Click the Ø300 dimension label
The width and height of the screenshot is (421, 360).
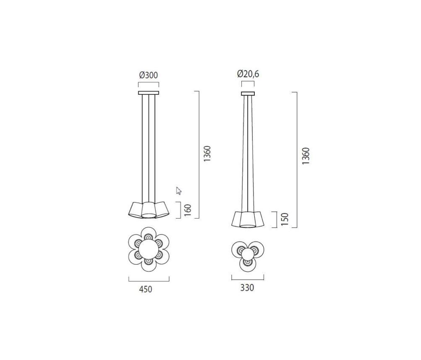point(149,75)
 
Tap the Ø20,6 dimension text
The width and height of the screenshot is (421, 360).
point(248,74)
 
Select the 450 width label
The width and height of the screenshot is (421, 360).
point(146,289)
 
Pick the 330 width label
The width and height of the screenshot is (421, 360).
point(247,288)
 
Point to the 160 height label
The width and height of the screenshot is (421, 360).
point(188,210)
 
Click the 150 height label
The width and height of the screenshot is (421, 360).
point(285,219)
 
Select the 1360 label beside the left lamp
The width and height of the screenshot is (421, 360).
point(207,154)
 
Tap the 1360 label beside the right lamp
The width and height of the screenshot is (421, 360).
point(306,156)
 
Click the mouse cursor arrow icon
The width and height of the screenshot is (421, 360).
point(178,190)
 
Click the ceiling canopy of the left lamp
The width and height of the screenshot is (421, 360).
point(149,93)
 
